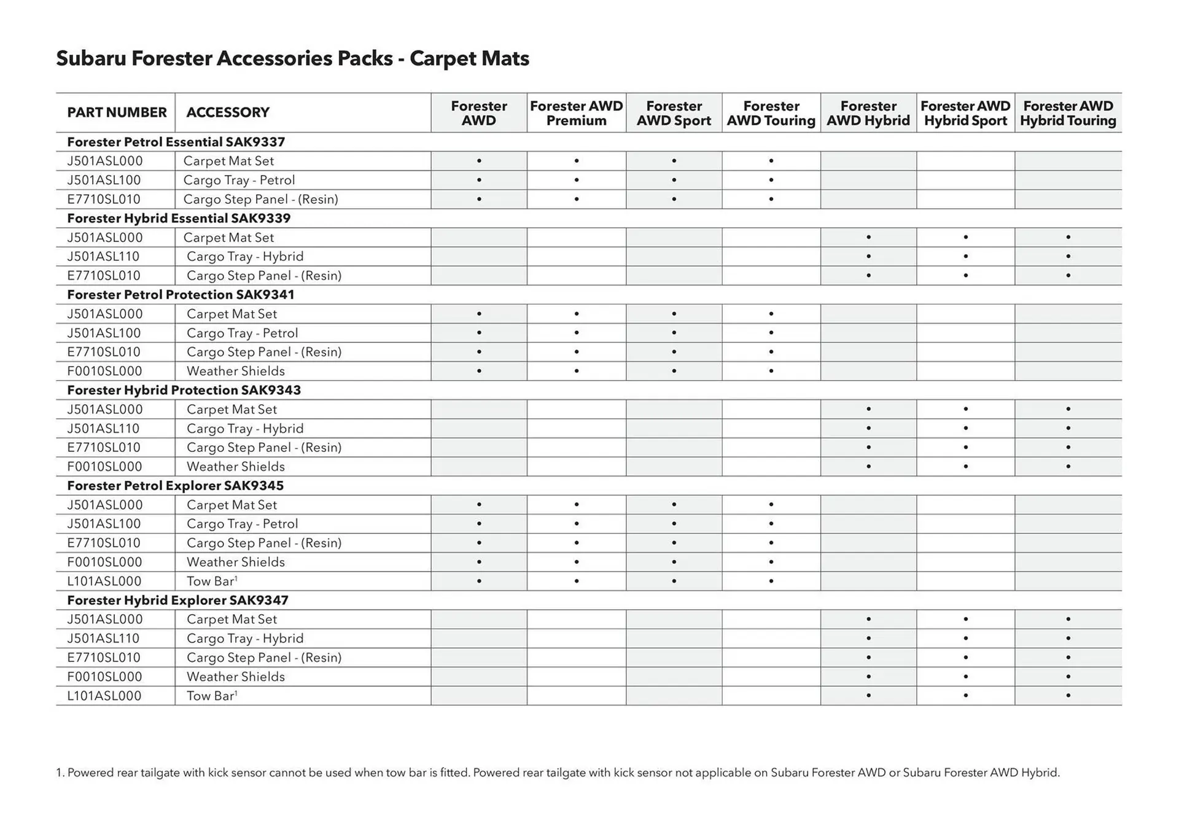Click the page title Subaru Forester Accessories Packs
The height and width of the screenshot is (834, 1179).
pyautogui.click(x=292, y=58)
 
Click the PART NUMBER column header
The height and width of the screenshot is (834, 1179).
pyautogui.click(x=117, y=112)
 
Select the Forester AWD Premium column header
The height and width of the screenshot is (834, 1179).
pyautogui.click(x=576, y=113)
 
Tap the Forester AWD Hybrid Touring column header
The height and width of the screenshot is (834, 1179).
pyautogui.click(x=1068, y=113)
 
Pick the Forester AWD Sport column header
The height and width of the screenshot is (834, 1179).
pyautogui.click(x=674, y=113)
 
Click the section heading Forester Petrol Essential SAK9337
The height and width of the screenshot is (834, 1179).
pyautogui.click(x=176, y=142)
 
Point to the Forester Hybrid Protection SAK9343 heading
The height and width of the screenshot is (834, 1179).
pyautogui.click(x=184, y=390)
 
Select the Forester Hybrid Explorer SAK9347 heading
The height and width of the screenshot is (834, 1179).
pyautogui.click(x=177, y=600)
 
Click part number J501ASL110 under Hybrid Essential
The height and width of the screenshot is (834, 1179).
pyautogui.click(x=103, y=256)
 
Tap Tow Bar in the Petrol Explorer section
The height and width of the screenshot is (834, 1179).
pyautogui.click(x=211, y=581)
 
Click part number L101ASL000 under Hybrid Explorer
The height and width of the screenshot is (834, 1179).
pyautogui.click(x=104, y=696)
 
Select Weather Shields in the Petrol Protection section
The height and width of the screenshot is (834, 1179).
pyautogui.click(x=236, y=371)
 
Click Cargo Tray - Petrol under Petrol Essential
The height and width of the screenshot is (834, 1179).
pyautogui.click(x=239, y=180)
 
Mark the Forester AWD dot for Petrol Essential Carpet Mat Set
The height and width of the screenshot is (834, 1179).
pyautogui.click(x=479, y=161)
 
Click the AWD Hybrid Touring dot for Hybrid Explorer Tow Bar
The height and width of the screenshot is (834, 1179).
pyautogui.click(x=1068, y=696)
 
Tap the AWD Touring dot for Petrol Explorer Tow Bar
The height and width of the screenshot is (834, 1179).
pyautogui.click(x=771, y=581)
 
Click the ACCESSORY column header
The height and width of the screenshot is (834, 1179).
pyautogui.click(x=228, y=112)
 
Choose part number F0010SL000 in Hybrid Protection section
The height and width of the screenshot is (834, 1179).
pyautogui.click(x=104, y=466)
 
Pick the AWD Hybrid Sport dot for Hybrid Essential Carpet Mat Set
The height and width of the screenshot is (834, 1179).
pyautogui.click(x=966, y=237)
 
